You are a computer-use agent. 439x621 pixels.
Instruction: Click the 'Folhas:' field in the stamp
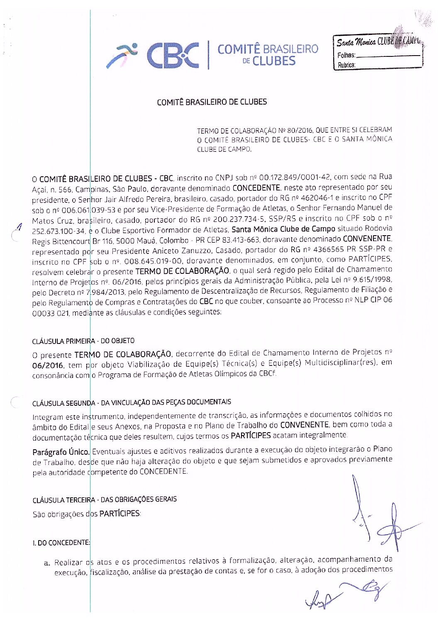pos(378,55)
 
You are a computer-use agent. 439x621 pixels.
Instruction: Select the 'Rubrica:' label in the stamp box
pos(346,65)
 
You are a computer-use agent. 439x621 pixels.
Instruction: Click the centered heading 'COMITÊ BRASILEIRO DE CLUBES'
pos(212,102)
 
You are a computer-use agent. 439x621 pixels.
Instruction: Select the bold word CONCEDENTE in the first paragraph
pos(256,188)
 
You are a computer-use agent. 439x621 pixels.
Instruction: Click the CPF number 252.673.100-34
pos(59,231)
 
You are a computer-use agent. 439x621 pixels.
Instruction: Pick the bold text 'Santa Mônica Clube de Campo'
pos(283,229)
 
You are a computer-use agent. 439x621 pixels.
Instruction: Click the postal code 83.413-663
pos(242,240)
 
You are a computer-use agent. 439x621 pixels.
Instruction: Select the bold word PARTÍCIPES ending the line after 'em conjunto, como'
pos(371,259)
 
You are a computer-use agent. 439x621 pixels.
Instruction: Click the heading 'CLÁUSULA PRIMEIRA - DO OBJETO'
pos(83,341)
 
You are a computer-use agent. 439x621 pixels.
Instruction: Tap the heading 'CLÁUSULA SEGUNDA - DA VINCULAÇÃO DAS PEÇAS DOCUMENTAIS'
pos(132,402)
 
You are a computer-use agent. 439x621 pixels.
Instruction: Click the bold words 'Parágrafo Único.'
pos(61,452)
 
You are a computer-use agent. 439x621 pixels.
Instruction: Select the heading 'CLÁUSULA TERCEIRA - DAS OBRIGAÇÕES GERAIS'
pos(105,499)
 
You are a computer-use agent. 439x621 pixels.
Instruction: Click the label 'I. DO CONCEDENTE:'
pos(61,543)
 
